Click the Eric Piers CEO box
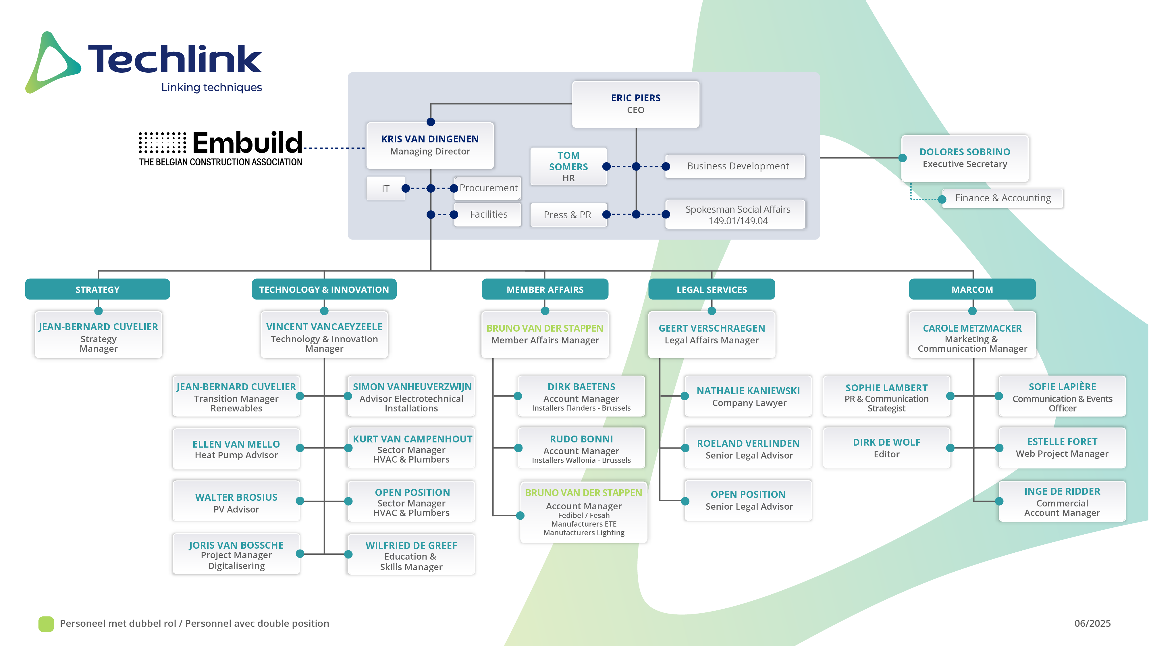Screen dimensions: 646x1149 pyautogui.click(x=636, y=104)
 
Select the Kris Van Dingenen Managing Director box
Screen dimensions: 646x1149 pyautogui.click(x=430, y=145)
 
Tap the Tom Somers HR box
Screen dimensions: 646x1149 pyautogui.click(x=568, y=166)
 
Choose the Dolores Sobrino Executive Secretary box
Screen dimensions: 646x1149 pyautogui.click(x=965, y=158)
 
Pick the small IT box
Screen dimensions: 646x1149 pyautogui.click(x=385, y=189)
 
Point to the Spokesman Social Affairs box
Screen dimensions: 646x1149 pyautogui.click(x=738, y=215)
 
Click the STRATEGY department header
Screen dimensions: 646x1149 pyautogui.click(x=97, y=289)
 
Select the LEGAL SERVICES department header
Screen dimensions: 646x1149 pyautogui.click(x=712, y=289)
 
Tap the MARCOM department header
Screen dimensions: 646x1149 pyautogui.click(x=972, y=289)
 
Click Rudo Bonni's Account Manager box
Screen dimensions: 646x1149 pyautogui.click(x=581, y=448)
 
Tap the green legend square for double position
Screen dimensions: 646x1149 pyautogui.click(x=46, y=624)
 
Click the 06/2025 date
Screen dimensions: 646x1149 pyautogui.click(x=1092, y=623)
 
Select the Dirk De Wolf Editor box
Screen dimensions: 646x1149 pyautogui.click(x=886, y=448)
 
